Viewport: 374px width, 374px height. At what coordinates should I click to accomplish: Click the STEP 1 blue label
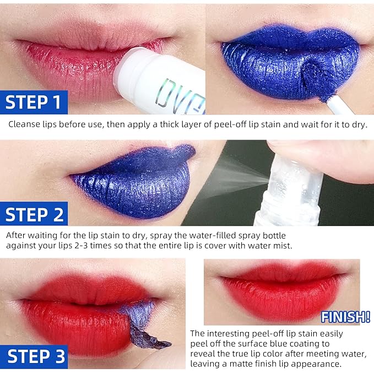point(34,102)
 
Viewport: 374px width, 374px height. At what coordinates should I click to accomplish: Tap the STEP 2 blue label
point(34,214)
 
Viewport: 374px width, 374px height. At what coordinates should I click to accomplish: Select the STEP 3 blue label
point(34,356)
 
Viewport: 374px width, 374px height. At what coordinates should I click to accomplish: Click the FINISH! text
point(345,317)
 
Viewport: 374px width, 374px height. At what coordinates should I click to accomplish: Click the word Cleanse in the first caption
point(24,124)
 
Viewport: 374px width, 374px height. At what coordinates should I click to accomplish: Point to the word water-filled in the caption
point(213,235)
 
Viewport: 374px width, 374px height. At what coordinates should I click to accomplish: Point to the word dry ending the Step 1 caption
point(359,124)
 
